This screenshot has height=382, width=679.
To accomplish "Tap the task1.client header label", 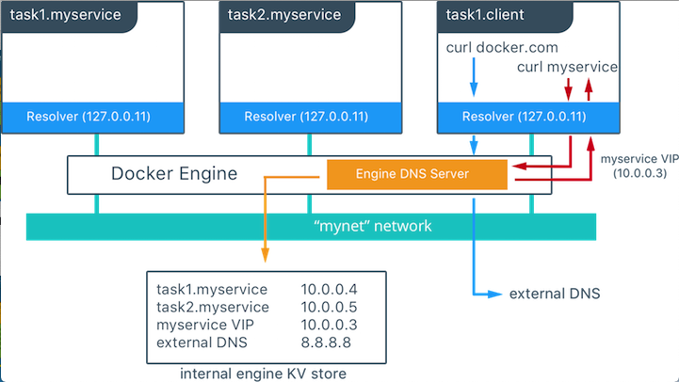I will [486, 15].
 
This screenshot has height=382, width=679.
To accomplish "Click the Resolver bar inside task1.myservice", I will [97, 117].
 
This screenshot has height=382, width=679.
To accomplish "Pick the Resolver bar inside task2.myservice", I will [313, 117].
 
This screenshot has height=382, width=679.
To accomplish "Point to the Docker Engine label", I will [174, 173].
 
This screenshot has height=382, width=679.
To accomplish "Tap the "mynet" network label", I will [312, 226].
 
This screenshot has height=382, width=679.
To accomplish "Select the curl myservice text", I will [567, 68].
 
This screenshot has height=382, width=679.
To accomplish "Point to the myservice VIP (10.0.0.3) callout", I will [639, 167].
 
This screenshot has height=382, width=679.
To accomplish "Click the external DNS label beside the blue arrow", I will [554, 294].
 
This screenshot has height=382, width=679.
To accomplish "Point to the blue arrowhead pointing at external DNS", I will [495, 294].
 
